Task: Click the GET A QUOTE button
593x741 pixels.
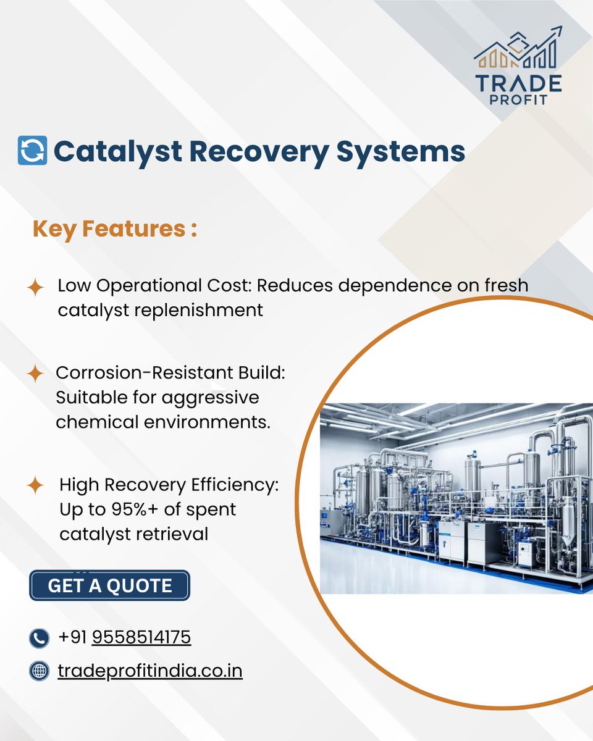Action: click(109, 585)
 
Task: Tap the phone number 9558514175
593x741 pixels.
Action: click(141, 637)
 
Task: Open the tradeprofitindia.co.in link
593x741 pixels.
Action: click(150, 671)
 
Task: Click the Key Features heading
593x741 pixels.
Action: click(115, 230)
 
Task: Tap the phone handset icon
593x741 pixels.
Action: click(39, 638)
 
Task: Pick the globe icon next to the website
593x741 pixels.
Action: click(39, 671)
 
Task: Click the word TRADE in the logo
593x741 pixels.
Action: click(519, 82)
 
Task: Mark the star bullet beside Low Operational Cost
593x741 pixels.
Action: click(36, 287)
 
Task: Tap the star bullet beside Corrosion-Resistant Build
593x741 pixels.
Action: click(36, 374)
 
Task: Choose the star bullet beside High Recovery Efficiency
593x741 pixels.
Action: click(36, 485)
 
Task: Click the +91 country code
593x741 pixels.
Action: click(73, 637)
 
